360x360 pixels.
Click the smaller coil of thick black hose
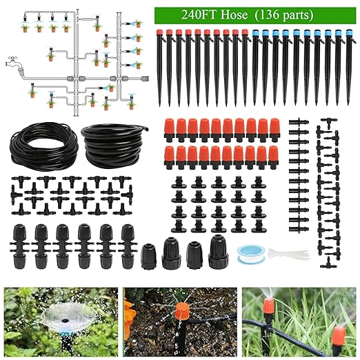pos(110,141)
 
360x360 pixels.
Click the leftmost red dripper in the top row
pos(169,128)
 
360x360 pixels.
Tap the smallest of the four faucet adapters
pos(148,256)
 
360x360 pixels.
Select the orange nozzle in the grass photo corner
pos(339,336)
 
